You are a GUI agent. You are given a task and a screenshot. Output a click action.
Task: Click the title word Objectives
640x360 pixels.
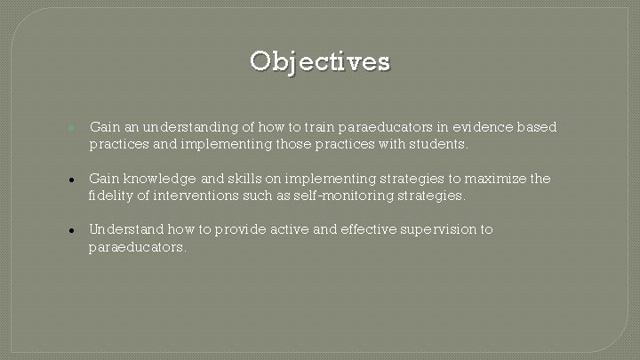[x=319, y=61]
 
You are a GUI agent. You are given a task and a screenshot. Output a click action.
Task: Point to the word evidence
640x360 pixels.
[x=476, y=128]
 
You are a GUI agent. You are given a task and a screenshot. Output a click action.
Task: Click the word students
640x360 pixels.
[x=436, y=144]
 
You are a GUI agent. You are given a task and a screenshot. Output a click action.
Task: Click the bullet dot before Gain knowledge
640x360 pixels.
[x=70, y=180]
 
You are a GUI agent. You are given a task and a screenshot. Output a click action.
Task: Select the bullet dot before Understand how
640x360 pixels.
[x=70, y=230]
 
